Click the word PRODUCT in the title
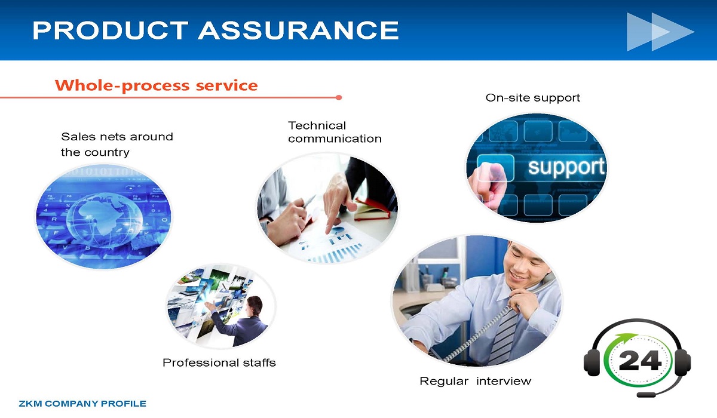click(x=110, y=30)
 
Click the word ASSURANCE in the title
click(x=298, y=30)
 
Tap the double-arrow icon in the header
click(x=660, y=32)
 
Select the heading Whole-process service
click(x=156, y=85)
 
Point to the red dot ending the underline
click(x=339, y=97)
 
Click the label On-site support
click(x=532, y=98)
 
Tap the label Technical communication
click(x=335, y=132)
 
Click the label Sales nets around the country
click(x=117, y=145)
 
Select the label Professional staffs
click(x=219, y=362)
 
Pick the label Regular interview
click(x=476, y=381)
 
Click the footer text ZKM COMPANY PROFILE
click(x=82, y=404)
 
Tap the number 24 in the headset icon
click(x=640, y=361)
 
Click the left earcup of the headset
click(x=592, y=362)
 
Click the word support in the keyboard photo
click(x=566, y=167)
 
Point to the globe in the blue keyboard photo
click(x=105, y=220)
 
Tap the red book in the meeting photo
click(x=373, y=210)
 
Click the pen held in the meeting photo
click(x=310, y=201)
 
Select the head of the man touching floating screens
click(x=255, y=306)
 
